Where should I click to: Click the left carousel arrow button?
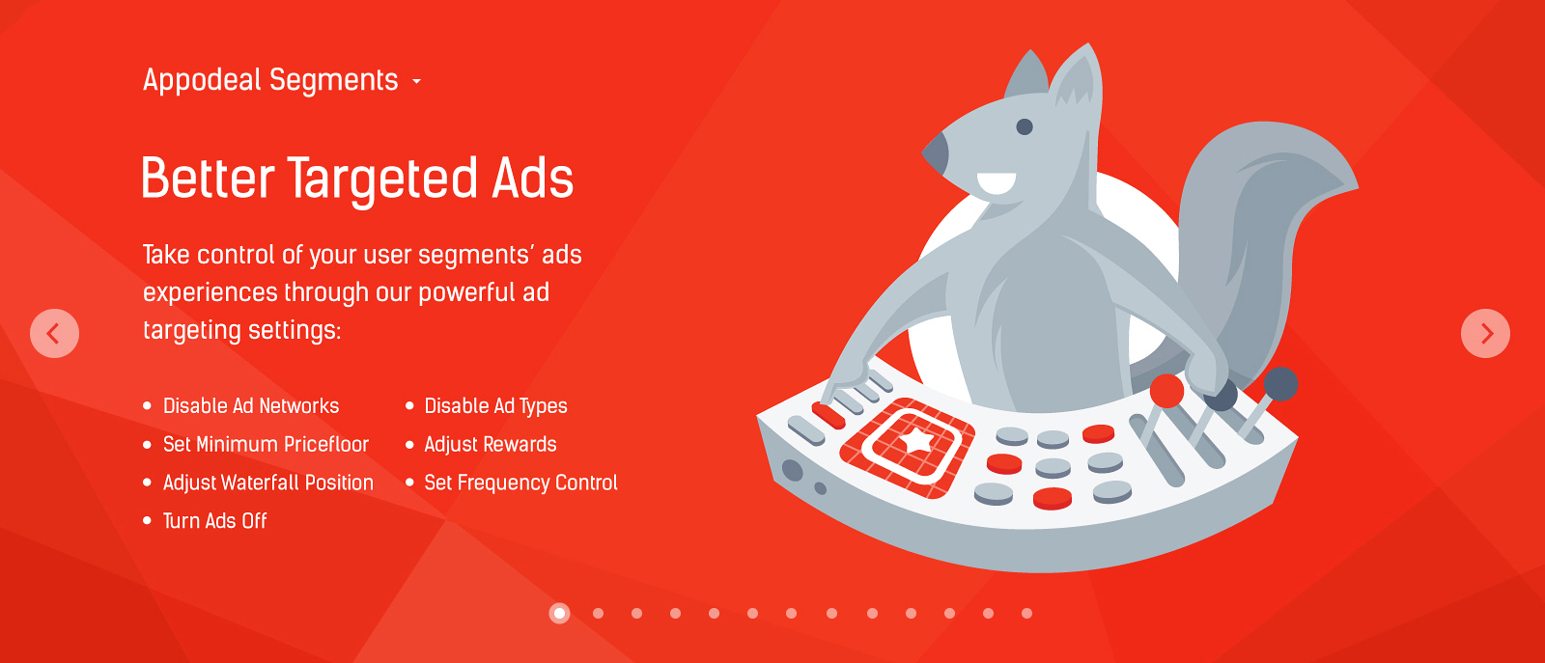[x=54, y=334]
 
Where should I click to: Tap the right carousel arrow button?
[x=1486, y=334]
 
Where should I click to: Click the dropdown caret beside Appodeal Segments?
[x=416, y=81]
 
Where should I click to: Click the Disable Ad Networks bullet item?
[x=251, y=406]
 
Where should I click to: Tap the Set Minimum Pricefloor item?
[x=266, y=445]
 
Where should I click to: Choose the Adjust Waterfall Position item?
[x=268, y=483]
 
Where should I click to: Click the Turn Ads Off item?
[x=214, y=521]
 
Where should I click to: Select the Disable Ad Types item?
[x=496, y=406]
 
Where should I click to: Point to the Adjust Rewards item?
[x=491, y=445]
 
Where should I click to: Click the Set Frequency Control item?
[x=520, y=483]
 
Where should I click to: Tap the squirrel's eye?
[x=1025, y=126]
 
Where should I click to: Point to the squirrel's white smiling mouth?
[x=996, y=183]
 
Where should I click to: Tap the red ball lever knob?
[x=1166, y=391]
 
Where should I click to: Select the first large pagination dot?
[x=559, y=613]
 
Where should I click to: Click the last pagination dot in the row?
[x=1026, y=614]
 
